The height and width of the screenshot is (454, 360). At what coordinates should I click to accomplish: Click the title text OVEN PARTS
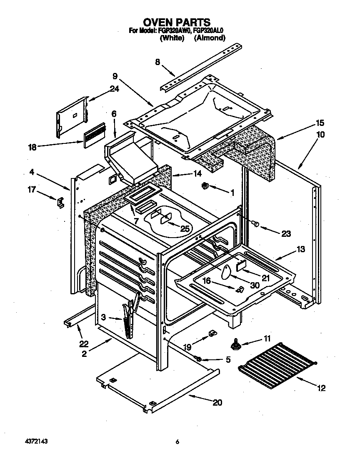pyautogui.click(x=177, y=22)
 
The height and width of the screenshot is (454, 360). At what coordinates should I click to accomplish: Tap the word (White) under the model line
pyautogui.click(x=172, y=38)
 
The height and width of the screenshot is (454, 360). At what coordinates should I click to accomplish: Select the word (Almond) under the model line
pyautogui.click(x=210, y=38)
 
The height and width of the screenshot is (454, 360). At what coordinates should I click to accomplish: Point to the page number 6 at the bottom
pyautogui.click(x=177, y=442)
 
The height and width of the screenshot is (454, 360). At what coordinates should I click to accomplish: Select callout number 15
pyautogui.click(x=320, y=123)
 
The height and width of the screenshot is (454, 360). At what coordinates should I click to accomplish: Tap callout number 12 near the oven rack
pyautogui.click(x=320, y=388)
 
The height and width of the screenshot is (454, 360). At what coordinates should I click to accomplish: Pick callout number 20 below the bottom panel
pyautogui.click(x=217, y=403)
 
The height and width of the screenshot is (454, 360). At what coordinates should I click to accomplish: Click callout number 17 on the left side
pyautogui.click(x=32, y=189)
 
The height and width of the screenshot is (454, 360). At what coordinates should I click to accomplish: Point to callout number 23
pyautogui.click(x=286, y=233)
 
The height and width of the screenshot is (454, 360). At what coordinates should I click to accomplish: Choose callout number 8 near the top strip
pyautogui.click(x=157, y=62)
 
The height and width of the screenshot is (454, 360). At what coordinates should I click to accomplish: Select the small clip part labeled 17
pyautogui.click(x=60, y=202)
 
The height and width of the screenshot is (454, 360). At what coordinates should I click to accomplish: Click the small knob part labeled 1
pyautogui.click(x=205, y=186)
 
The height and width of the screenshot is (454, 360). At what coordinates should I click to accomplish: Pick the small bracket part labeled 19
pyautogui.click(x=212, y=333)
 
